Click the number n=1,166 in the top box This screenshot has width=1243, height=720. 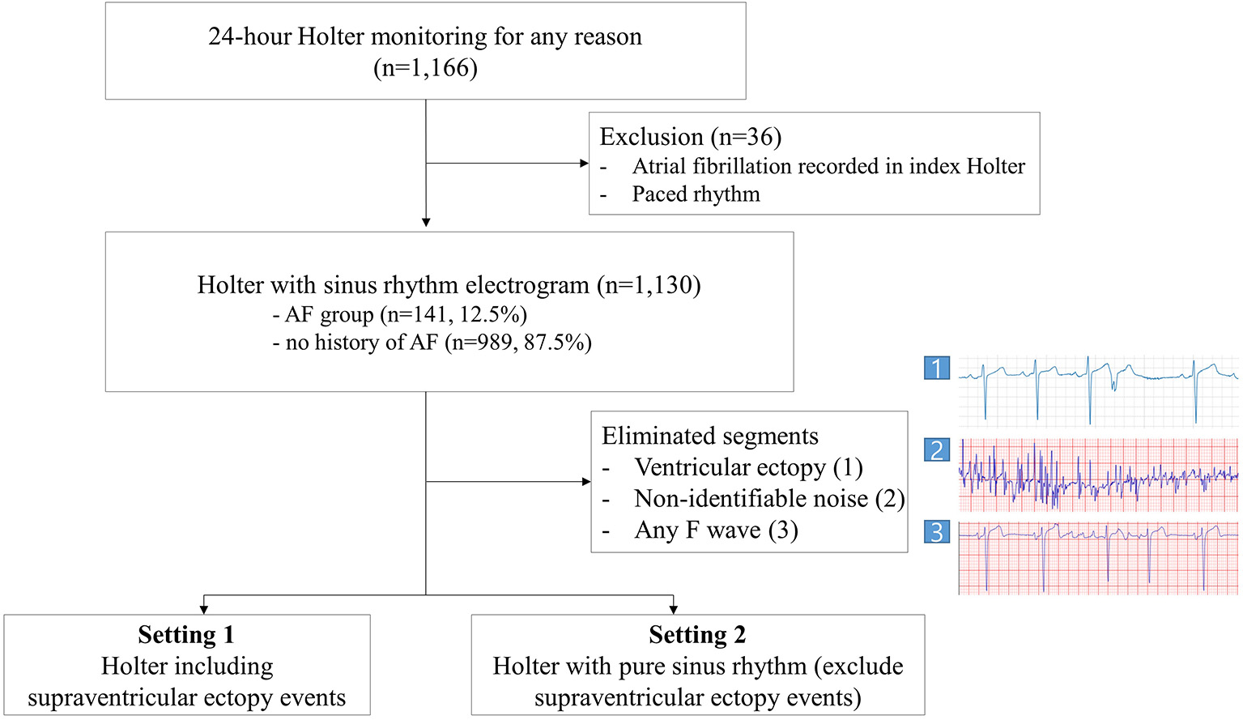pyautogui.click(x=425, y=68)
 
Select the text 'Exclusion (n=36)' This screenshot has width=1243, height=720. pyautogui.click(x=690, y=137)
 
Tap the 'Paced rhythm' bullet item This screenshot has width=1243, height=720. pyautogui.click(x=696, y=194)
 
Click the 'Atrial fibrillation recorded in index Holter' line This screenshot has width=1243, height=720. pyautogui.click(x=828, y=166)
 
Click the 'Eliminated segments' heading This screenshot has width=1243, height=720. pyautogui.click(x=709, y=436)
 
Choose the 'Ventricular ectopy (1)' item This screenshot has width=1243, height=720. pyautogui.click(x=748, y=467)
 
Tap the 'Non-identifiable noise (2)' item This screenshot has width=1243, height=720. pyautogui.click(x=768, y=498)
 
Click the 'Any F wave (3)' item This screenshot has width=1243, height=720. pyautogui.click(x=716, y=530)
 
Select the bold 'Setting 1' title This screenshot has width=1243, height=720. pyautogui.click(x=185, y=634)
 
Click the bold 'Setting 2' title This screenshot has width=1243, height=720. pyautogui.click(x=696, y=634)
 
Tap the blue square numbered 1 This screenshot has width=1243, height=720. pyautogui.click(x=937, y=369)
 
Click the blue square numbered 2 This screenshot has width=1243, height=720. pyautogui.click(x=937, y=449)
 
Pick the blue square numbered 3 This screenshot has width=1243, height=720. pyautogui.click(x=937, y=532)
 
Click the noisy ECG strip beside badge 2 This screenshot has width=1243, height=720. pyautogui.click(x=1098, y=475)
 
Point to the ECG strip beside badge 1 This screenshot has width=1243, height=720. pyautogui.click(x=1098, y=390)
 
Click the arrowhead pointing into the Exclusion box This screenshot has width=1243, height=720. pyautogui.click(x=584, y=164)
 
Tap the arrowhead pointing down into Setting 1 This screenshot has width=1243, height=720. pyautogui.click(x=204, y=609)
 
